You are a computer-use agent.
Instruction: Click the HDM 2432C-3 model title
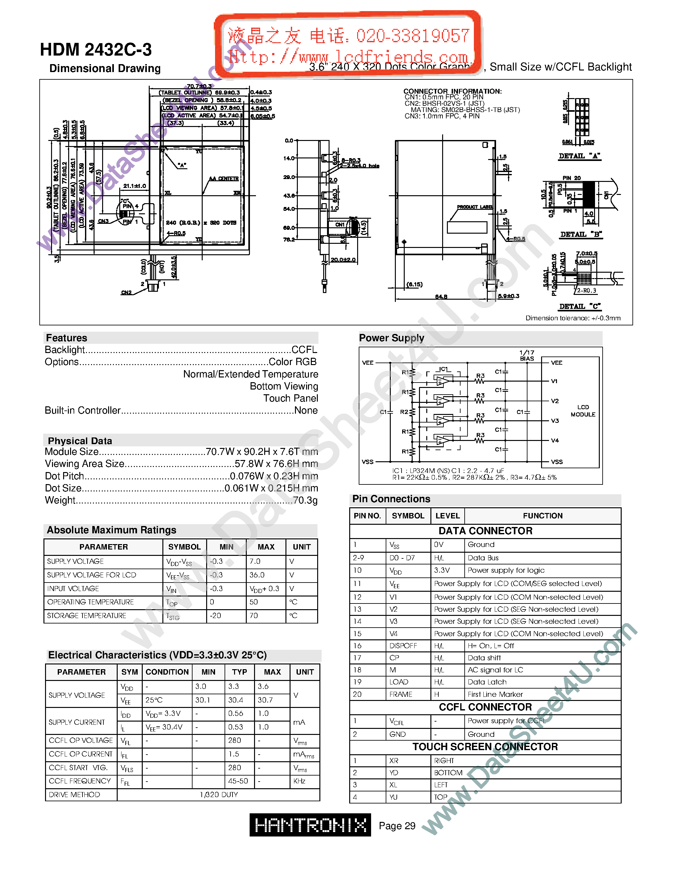(96, 50)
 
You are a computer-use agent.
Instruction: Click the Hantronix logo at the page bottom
(310, 825)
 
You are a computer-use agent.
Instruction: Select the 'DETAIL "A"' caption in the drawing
(579, 156)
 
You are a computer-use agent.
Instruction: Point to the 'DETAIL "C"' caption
(580, 306)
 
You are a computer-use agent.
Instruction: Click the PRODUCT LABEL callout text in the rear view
(475, 207)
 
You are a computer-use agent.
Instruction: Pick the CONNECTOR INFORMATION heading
(452, 91)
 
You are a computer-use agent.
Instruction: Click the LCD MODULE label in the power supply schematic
(583, 410)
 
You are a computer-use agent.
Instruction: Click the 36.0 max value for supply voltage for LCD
(257, 575)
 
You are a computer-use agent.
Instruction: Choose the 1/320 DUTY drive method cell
(219, 795)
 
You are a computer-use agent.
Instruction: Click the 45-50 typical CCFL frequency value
(238, 781)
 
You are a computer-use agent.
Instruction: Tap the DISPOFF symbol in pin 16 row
(403, 646)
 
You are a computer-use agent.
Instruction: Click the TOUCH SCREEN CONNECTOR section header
(485, 747)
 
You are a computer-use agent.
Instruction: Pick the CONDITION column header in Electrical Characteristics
(167, 672)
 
